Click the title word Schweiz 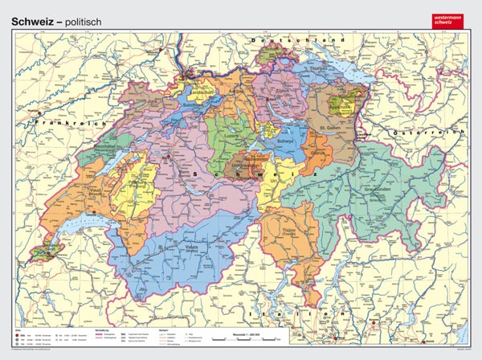[32, 10]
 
